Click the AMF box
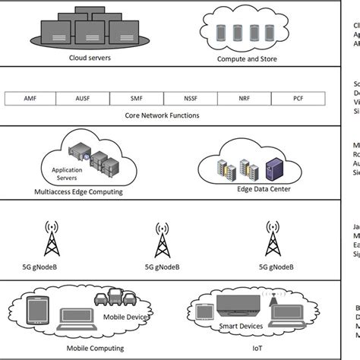[30, 99]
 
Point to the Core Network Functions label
[161, 116]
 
